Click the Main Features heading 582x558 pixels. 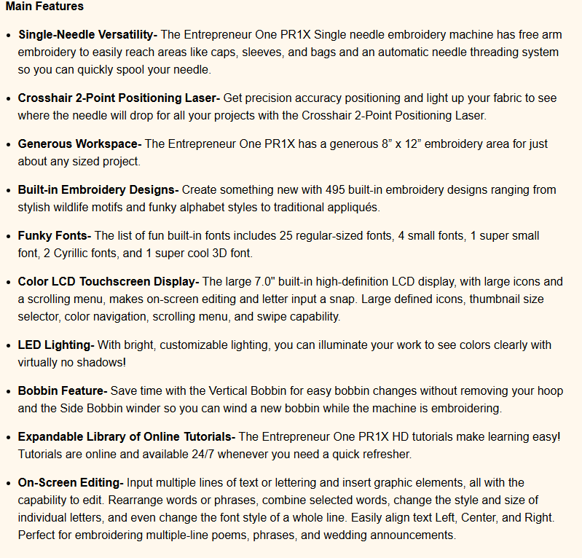point(44,7)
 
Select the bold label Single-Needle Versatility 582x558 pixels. point(87,34)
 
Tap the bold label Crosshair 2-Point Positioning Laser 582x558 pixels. point(118,98)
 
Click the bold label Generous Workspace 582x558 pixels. point(79,144)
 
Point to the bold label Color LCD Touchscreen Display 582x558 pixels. point(109,281)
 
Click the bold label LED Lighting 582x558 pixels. point(55,345)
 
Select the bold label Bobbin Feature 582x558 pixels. point(63,391)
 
